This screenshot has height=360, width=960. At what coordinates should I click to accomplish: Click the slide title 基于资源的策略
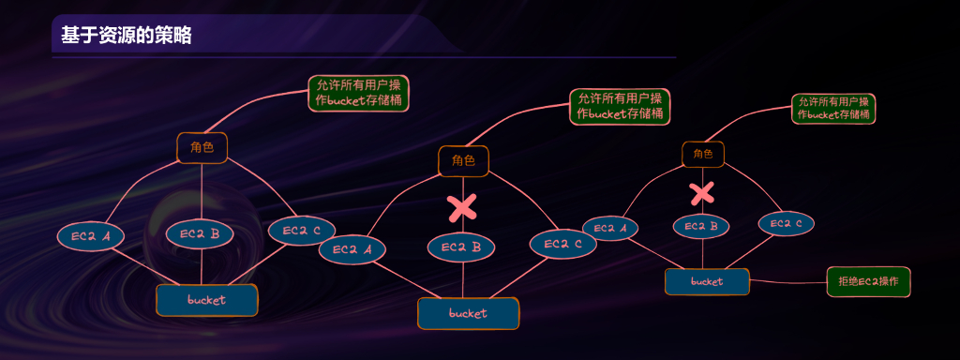(x=127, y=37)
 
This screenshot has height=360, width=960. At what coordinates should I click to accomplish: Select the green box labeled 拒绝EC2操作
(x=868, y=281)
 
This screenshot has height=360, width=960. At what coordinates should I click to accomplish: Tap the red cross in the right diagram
(x=702, y=194)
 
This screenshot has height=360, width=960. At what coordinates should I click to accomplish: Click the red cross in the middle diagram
(x=462, y=208)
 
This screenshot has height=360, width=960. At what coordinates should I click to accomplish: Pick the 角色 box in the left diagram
(x=202, y=147)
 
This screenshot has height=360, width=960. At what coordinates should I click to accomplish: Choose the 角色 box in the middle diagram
(x=464, y=161)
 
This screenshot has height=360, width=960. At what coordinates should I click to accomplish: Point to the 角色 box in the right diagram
(x=702, y=154)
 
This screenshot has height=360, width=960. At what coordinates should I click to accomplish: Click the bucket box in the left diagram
(x=206, y=300)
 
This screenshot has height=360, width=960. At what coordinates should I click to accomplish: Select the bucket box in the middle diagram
(x=468, y=313)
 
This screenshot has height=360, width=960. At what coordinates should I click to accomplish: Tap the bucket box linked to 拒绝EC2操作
(x=707, y=281)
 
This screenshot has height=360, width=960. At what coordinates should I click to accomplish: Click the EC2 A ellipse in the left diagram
(x=90, y=237)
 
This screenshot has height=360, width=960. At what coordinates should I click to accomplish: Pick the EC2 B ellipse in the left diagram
(x=200, y=234)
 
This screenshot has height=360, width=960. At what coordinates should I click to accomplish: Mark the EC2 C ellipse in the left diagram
(x=302, y=230)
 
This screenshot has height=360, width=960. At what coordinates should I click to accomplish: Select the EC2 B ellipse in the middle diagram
(x=461, y=247)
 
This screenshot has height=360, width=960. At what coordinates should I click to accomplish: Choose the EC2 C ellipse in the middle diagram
(x=563, y=244)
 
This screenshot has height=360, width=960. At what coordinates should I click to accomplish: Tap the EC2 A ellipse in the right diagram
(x=610, y=228)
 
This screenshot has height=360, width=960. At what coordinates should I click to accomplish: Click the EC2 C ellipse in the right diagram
(x=786, y=224)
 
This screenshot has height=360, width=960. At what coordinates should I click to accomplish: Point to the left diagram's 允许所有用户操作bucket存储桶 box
(x=359, y=93)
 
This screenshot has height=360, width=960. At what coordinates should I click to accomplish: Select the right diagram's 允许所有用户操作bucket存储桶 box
(x=833, y=108)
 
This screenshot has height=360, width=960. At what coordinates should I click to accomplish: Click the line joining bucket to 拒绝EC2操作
(x=787, y=281)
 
